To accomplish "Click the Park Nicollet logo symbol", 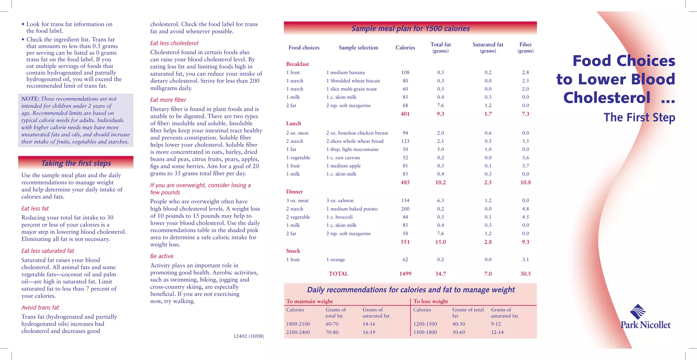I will (x=637, y=312).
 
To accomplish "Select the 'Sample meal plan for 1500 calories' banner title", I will (x=410, y=29).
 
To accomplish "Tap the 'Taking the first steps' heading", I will (x=76, y=163).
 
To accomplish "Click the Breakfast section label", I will (x=297, y=64).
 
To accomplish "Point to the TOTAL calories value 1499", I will (x=405, y=274).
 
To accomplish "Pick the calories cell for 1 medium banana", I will (x=405, y=72).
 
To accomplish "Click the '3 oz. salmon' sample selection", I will (x=340, y=200).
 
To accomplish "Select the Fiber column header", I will (x=525, y=45).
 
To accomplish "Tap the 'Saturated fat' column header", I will (x=488, y=45).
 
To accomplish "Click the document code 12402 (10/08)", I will (x=248, y=336).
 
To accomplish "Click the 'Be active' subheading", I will (x=162, y=256).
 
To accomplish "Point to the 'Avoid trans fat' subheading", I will (x=40, y=308).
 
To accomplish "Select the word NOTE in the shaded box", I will (x=30, y=99).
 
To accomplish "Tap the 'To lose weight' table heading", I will (x=431, y=301).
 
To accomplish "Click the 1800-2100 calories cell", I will (x=298, y=324).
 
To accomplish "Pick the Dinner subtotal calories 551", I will (x=405, y=242).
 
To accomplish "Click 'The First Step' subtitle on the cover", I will (x=639, y=117).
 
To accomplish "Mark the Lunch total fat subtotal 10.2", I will (x=440, y=182).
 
